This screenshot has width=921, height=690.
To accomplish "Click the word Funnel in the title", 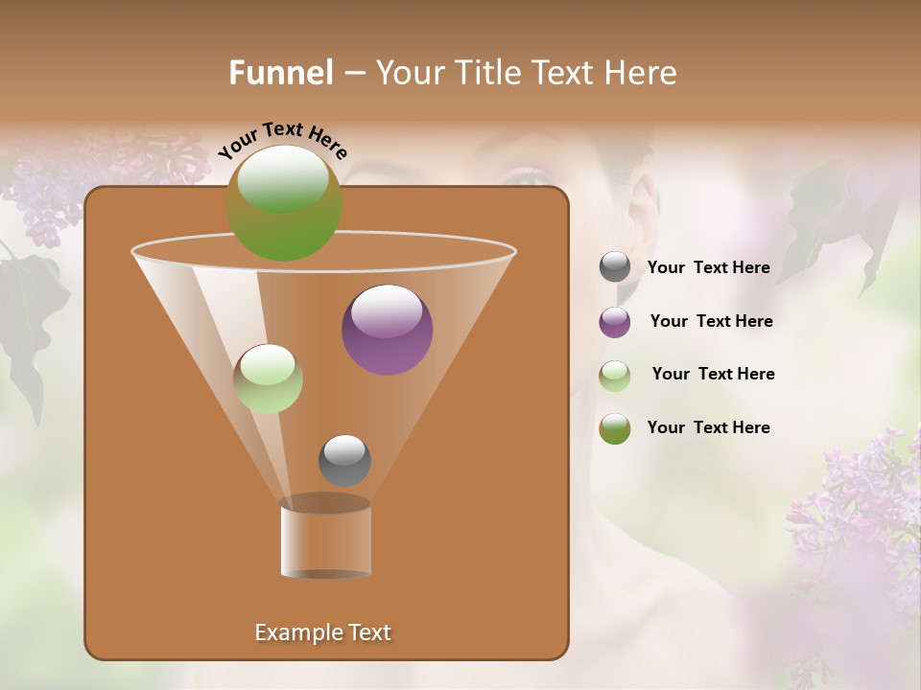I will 281,73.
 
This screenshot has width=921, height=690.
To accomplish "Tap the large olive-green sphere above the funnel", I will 284,202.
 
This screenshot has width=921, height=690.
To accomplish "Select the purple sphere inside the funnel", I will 388,330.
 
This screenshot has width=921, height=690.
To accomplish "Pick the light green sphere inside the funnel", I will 269,379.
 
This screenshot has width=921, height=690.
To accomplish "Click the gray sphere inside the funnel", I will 344,460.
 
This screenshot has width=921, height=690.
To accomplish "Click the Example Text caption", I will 323,632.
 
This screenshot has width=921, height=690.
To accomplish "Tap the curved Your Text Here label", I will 282,140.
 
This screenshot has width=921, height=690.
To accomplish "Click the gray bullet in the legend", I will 615,267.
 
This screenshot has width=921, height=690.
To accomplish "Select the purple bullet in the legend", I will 615,322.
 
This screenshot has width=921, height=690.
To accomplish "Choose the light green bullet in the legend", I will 615,376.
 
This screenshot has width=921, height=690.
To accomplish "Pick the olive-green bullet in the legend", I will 615,428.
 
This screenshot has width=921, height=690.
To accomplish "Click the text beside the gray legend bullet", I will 708,268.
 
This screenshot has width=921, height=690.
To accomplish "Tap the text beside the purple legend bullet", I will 711,321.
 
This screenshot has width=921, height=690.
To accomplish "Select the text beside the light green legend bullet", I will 713,374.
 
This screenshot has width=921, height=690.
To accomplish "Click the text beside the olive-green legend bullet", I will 708,427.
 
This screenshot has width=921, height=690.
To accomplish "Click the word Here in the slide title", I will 642,73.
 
